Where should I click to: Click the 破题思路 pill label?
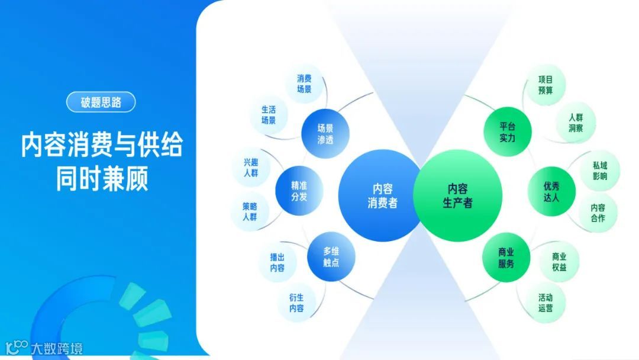point(101,102)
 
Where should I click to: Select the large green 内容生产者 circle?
point(457,195)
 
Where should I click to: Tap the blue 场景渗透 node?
point(325,133)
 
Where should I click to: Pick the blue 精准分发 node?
point(299,190)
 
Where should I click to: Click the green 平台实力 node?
point(508,131)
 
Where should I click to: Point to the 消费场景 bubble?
point(304,84)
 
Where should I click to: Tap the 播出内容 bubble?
point(277,262)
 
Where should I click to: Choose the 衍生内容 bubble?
point(296,303)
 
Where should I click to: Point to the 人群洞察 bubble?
point(576,123)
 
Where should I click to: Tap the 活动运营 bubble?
point(546,303)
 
